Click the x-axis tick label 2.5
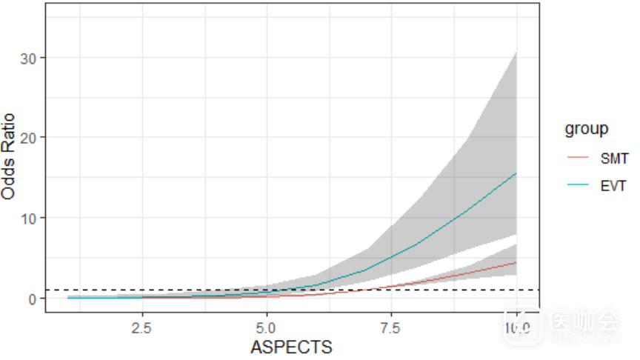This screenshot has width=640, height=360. (141, 327)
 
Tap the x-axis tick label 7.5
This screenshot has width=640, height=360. (391, 327)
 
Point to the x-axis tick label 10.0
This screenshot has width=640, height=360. (516, 327)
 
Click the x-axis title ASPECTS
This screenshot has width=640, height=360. (292, 347)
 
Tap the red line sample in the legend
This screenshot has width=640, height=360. (576, 158)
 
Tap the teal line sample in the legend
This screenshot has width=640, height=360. (576, 185)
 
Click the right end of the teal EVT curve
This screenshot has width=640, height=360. (516, 173)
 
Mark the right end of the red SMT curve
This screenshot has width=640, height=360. (516, 262)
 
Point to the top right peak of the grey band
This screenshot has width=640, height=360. (516, 52)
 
